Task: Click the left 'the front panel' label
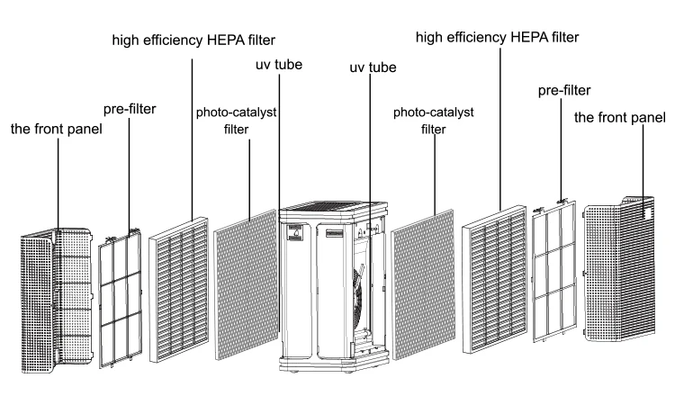tap(56, 129)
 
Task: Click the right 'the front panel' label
tap(620, 118)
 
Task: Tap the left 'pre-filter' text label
tap(130, 109)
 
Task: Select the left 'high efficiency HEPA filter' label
tap(193, 40)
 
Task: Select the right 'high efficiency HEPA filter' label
tap(497, 37)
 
